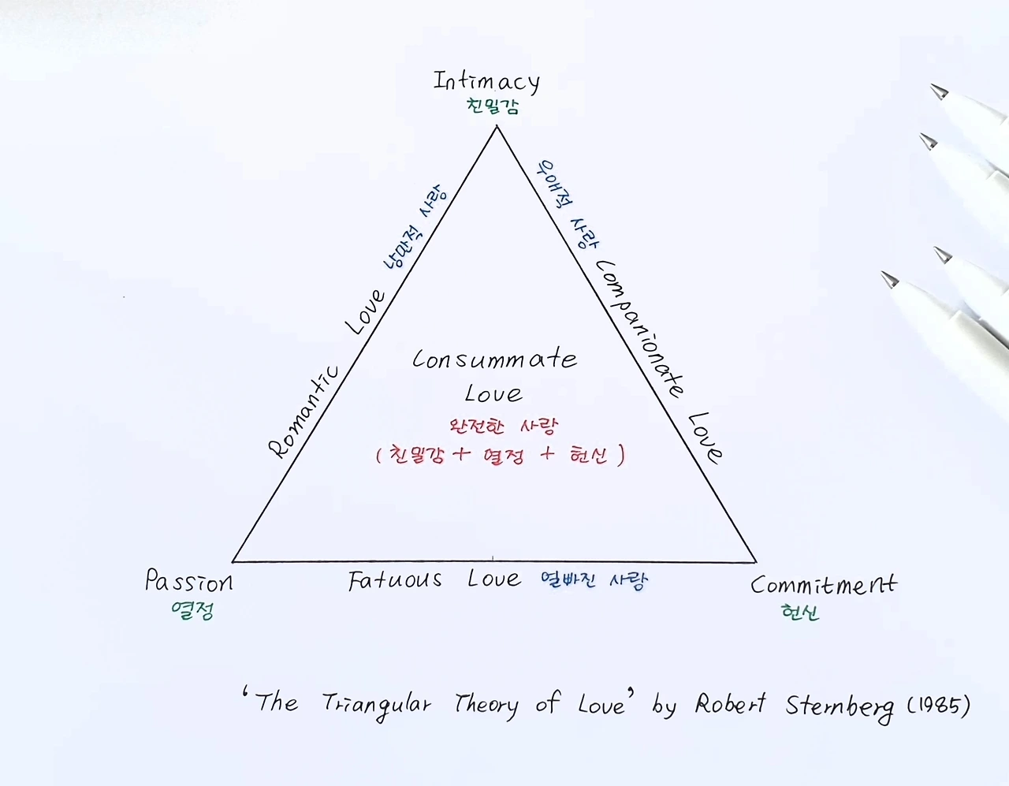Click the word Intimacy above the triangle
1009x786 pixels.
(x=486, y=81)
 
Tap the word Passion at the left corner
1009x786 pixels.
(x=189, y=582)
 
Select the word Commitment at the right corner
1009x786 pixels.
(x=823, y=585)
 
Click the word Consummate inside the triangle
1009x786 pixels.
(x=494, y=359)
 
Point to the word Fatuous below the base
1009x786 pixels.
(x=395, y=581)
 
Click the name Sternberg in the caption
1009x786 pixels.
(x=840, y=706)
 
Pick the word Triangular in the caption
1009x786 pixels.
(x=377, y=704)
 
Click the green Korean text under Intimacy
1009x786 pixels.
(x=493, y=106)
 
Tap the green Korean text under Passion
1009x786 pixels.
(x=192, y=610)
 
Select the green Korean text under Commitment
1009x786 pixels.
(x=800, y=612)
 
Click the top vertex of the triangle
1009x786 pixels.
(x=496, y=126)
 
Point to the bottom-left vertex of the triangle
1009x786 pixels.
(x=233, y=561)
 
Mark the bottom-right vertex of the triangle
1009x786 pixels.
(x=756, y=562)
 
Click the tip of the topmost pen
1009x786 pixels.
(x=938, y=91)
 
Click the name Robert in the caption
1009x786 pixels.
(x=729, y=703)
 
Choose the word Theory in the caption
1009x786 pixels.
(x=486, y=704)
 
